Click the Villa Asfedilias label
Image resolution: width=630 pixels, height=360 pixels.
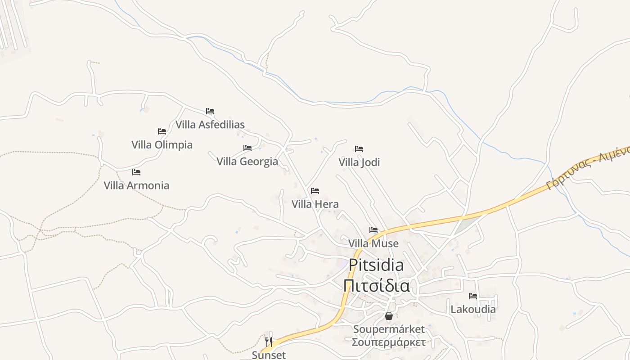pos(210,125)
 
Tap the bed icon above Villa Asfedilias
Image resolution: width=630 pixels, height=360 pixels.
pos(210,111)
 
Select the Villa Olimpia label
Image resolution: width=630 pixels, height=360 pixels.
pos(162,145)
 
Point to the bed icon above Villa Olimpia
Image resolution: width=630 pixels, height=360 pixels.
pos(162,131)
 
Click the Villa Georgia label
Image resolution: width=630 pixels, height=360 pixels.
pos(247,161)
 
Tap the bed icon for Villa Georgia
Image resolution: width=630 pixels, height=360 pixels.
pos(247,148)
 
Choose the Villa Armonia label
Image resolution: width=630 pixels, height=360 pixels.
pos(136,185)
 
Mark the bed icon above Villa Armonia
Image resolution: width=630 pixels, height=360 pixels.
pos(136,172)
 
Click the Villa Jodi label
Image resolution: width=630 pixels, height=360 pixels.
pos(359,162)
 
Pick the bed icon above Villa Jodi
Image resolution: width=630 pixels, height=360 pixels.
pos(359,148)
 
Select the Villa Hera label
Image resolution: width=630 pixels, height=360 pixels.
pos(315,204)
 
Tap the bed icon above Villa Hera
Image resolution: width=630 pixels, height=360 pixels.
pos(315,191)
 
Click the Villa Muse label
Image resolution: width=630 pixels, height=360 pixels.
pos(373,243)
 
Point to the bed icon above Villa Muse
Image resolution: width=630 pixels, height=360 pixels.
pos(373,230)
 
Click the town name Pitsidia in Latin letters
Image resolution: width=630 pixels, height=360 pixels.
pos(376,265)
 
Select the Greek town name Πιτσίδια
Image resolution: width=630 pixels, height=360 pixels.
pos(376,286)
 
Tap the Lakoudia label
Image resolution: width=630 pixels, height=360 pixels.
pos(473,310)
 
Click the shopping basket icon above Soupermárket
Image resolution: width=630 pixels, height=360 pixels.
pos(389,316)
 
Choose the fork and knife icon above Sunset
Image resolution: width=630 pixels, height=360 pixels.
pos(269,342)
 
